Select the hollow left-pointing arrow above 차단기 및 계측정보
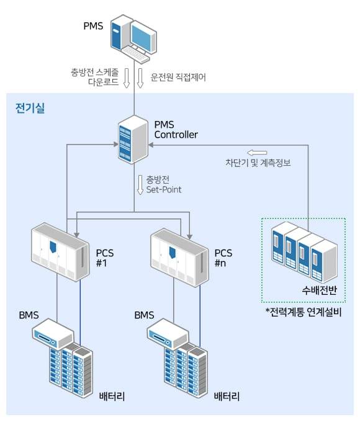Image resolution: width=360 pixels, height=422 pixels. coord(256,153)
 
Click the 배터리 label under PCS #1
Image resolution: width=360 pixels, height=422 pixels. coord(112,395)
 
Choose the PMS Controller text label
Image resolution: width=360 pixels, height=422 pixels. coord(176,130)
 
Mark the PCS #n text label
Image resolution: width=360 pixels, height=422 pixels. coord(223,258)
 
